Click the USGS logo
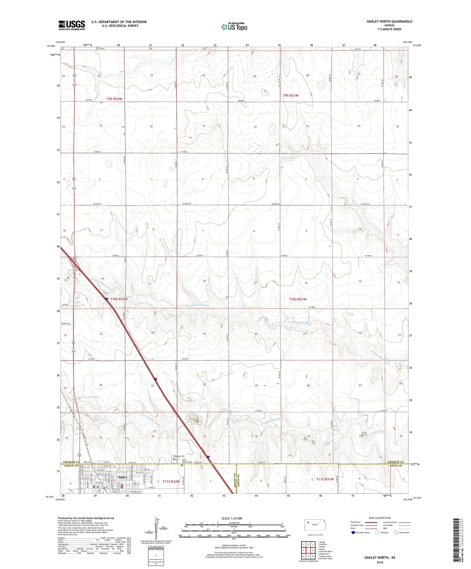pos(72,25)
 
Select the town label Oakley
pos(123,477)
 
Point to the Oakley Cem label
pos(180,456)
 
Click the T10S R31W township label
pos(298,299)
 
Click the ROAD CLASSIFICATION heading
pos(380,518)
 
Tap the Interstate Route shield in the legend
pos(353,533)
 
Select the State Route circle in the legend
pos(396,533)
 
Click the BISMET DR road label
pos(66,324)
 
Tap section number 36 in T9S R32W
pos(151,126)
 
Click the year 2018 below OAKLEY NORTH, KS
pos(380,562)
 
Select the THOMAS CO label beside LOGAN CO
pos(71,462)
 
